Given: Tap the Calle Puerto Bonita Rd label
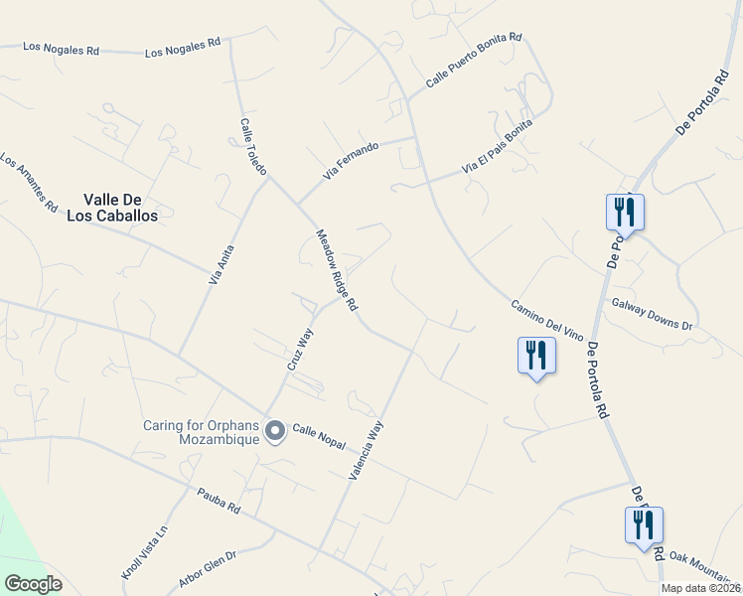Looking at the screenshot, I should point(474,62).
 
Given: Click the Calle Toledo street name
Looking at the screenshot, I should point(253,148).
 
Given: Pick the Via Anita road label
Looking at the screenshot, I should point(221,265).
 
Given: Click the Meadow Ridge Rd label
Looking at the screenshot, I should point(337,271).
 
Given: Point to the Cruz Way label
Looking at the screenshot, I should point(300,350).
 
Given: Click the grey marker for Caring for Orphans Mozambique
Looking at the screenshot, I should point(275,430).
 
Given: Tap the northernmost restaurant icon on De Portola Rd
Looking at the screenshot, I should point(625,210).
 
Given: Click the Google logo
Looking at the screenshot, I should point(33,584).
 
